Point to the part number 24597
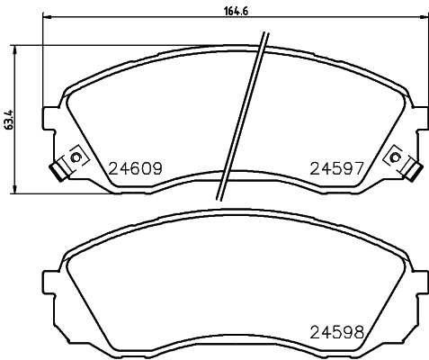[336, 167]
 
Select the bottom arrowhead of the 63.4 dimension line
[14, 187]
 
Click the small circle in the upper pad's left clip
[76, 159]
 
